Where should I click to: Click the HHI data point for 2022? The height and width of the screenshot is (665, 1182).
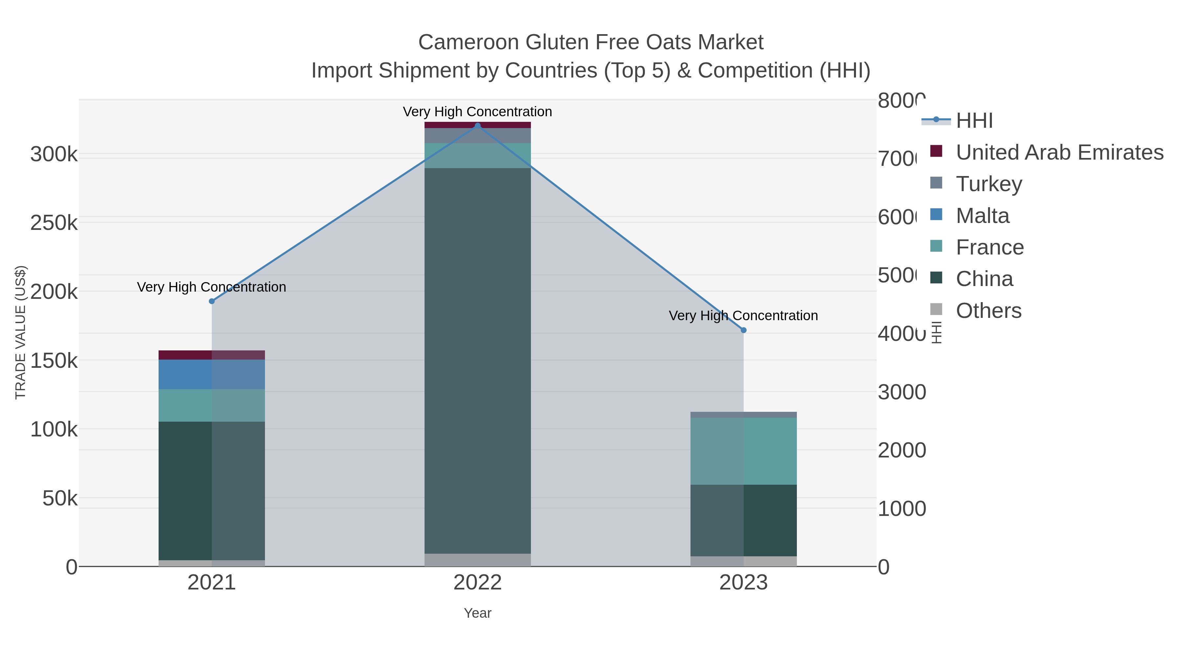[x=477, y=126]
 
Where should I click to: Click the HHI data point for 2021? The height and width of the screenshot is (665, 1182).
[x=211, y=301]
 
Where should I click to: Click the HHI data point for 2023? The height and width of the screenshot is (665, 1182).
[x=743, y=330]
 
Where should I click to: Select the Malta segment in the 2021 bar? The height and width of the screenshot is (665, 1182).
[x=211, y=374]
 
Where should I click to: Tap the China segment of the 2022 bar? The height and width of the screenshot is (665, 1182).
[x=477, y=361]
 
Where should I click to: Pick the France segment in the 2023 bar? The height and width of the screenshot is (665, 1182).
[x=743, y=451]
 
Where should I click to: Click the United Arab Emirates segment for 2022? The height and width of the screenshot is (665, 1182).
[x=477, y=125]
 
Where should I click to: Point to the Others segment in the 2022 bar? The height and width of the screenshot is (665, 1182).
[x=477, y=560]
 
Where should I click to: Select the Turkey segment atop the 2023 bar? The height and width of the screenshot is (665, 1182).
[x=743, y=415]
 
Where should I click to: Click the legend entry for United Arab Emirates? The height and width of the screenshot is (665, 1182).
[x=1059, y=152]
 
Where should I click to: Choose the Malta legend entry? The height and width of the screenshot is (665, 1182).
[x=982, y=216]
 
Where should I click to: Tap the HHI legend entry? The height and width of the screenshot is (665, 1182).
[x=974, y=121]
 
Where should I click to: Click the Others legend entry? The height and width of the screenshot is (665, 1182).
[x=988, y=311]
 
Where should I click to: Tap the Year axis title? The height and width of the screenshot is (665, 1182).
[x=477, y=613]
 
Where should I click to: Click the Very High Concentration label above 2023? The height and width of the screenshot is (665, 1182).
[x=743, y=316]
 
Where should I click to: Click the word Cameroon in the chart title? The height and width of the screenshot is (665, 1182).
[x=469, y=42]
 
